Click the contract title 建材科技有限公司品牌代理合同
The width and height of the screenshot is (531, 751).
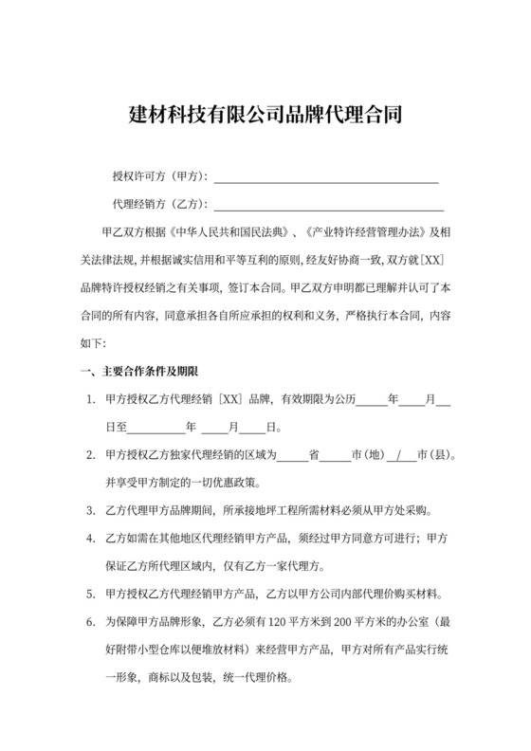point(265,117)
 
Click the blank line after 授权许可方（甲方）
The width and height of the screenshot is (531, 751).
point(326,177)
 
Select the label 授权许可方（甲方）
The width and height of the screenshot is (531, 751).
point(160,177)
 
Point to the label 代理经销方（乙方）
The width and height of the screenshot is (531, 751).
point(160,205)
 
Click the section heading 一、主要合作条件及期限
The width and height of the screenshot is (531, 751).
point(138,370)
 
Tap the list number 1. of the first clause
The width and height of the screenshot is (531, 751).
point(89,400)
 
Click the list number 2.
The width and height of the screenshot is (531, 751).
point(89,455)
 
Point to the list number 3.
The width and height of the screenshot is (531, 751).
point(89,510)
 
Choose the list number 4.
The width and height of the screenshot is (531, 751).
point(89,539)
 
